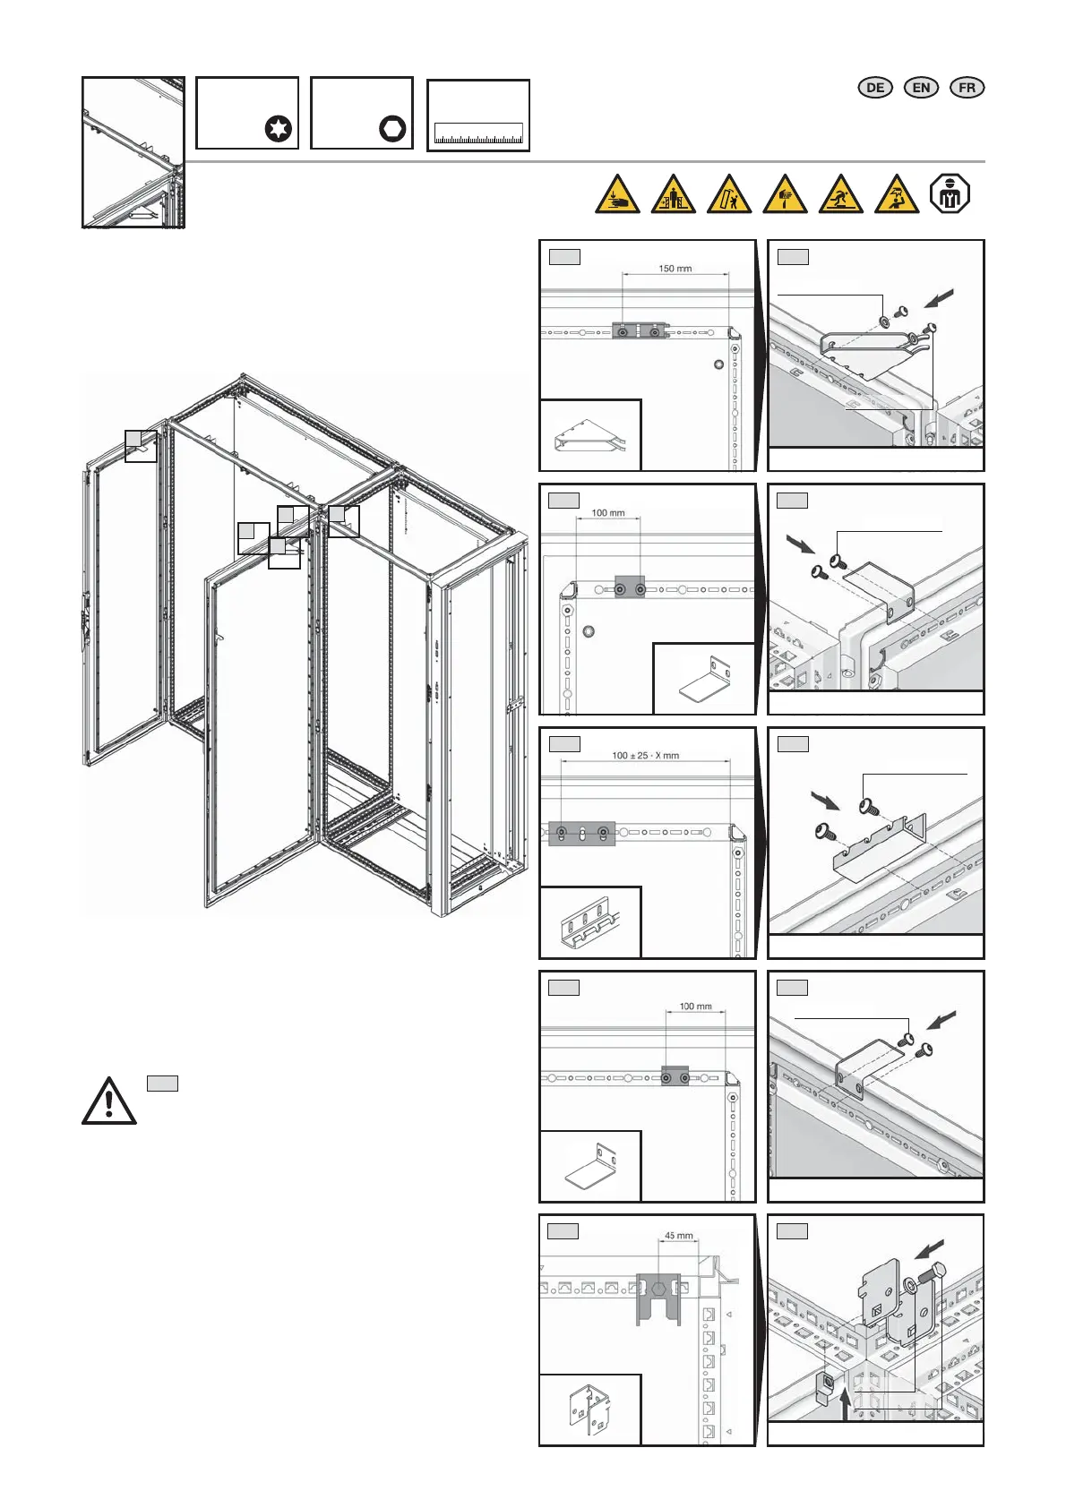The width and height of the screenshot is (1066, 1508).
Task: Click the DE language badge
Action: click(x=875, y=87)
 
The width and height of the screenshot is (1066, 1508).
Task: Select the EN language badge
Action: click(x=921, y=87)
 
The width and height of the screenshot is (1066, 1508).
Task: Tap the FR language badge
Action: click(x=967, y=87)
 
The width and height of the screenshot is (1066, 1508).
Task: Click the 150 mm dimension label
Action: click(x=675, y=268)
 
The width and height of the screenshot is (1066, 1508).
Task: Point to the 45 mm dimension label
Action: click(x=678, y=1236)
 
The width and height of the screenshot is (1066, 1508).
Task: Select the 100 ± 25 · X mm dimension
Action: click(x=645, y=755)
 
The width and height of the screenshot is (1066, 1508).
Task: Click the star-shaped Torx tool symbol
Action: click(x=279, y=129)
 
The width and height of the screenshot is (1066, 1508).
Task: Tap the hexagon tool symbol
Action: click(x=392, y=129)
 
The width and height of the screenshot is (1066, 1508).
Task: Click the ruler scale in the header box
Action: click(x=478, y=134)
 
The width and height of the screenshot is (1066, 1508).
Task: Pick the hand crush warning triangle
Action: click(x=617, y=195)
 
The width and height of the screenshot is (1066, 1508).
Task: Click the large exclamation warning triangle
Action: click(x=108, y=1101)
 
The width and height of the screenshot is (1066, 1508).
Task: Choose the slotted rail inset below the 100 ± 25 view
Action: click(x=590, y=923)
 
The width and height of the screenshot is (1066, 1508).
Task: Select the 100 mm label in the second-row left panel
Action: click(x=608, y=513)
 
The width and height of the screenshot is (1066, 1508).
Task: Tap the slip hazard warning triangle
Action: click(x=840, y=195)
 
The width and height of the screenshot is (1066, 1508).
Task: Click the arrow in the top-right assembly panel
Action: click(x=937, y=297)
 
